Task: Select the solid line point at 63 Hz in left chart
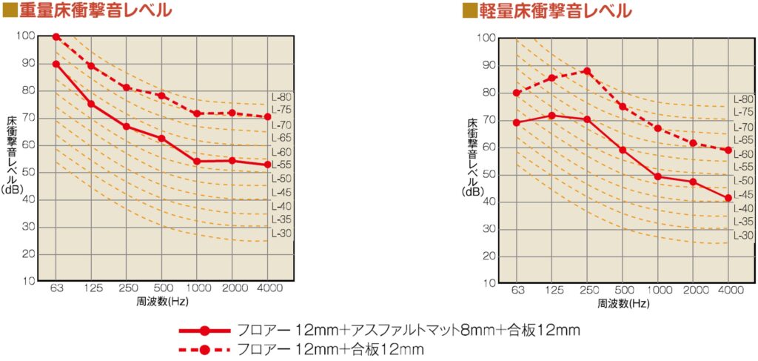pyautogui.click(x=56, y=64)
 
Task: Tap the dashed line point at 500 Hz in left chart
pyautogui.click(x=161, y=96)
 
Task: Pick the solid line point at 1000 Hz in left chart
pyautogui.click(x=197, y=162)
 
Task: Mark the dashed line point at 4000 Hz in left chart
pyautogui.click(x=267, y=116)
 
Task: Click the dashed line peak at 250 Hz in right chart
pyautogui.click(x=587, y=71)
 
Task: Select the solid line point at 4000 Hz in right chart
pyautogui.click(x=728, y=198)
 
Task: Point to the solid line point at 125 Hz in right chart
pyautogui.click(x=551, y=116)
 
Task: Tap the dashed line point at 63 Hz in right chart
pyautogui.click(x=516, y=93)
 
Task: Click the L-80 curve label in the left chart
pyautogui.click(x=282, y=97)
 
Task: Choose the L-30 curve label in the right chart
pyautogui.click(x=743, y=236)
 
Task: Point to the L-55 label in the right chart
pyautogui.click(x=743, y=168)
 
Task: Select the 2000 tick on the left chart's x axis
pyautogui.click(x=232, y=287)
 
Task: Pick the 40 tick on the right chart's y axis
pyautogui.click(x=489, y=202)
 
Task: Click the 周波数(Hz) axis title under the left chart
pyautogui.click(x=162, y=301)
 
